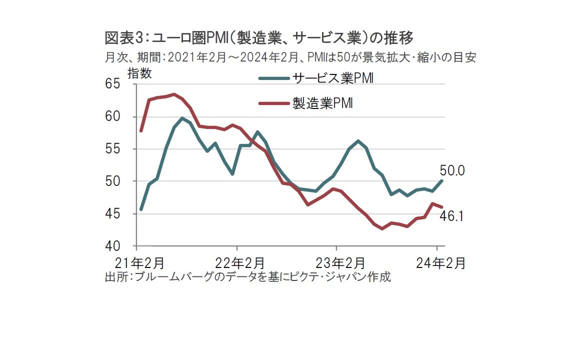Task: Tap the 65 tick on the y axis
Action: [x=112, y=83]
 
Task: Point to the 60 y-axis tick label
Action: [x=112, y=116]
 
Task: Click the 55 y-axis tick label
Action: [x=112, y=149]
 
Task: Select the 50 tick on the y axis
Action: [x=112, y=181]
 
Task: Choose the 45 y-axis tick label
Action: [x=112, y=213]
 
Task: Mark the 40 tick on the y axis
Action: [x=112, y=246]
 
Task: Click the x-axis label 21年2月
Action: [x=136, y=263]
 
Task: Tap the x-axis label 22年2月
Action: [x=236, y=263]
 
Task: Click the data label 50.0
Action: [x=452, y=170]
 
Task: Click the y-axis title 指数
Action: [x=140, y=73]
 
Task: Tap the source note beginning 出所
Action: [x=247, y=277]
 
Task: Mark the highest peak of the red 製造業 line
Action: [x=173, y=94]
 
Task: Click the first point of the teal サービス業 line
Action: [x=141, y=209]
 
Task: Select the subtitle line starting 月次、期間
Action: [x=290, y=57]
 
